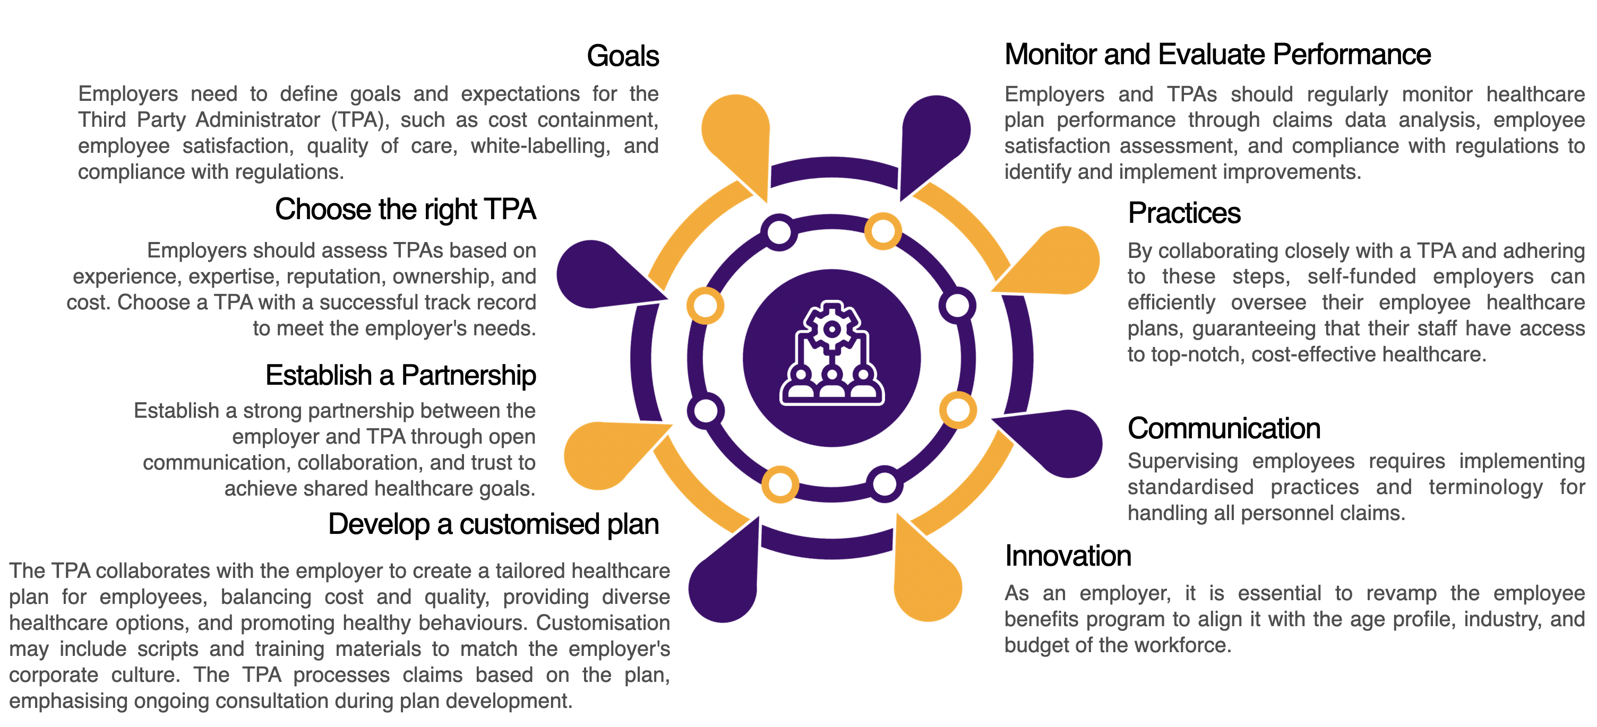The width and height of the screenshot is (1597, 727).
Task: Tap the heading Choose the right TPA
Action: pos(406,210)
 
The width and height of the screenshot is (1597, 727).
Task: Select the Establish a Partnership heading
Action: pos(400,375)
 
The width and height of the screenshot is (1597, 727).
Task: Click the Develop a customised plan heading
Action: pos(493,524)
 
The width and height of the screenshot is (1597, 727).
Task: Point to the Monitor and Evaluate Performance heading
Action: pos(1217,55)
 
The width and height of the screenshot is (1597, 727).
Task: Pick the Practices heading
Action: pos(1184,213)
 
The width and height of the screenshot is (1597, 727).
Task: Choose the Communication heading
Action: pos(1224,428)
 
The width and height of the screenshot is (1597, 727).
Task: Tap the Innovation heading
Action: pos(1068,556)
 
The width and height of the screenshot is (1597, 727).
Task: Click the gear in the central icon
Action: pos(832,328)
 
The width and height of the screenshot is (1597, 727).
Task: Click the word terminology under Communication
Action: pos(1486,488)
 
